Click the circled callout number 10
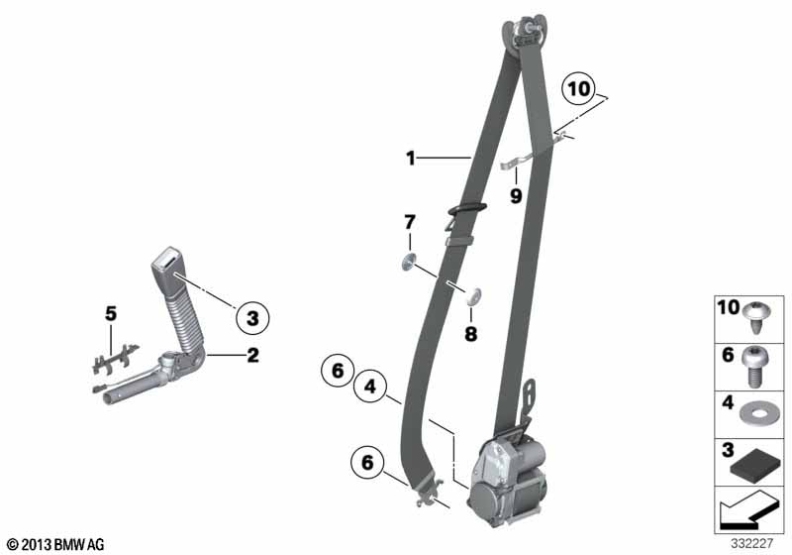tap(578, 89)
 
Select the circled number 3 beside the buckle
tap(252, 318)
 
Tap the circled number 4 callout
tap(370, 387)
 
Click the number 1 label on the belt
tap(411, 159)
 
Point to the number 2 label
tap(252, 355)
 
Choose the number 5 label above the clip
tap(111, 314)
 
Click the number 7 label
tap(410, 222)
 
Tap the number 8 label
tap(471, 334)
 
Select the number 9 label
tap(516, 195)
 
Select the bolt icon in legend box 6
tap(753, 367)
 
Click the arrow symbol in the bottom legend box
tap(746, 511)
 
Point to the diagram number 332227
tap(751, 543)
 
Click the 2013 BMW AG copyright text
tap(55, 544)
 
